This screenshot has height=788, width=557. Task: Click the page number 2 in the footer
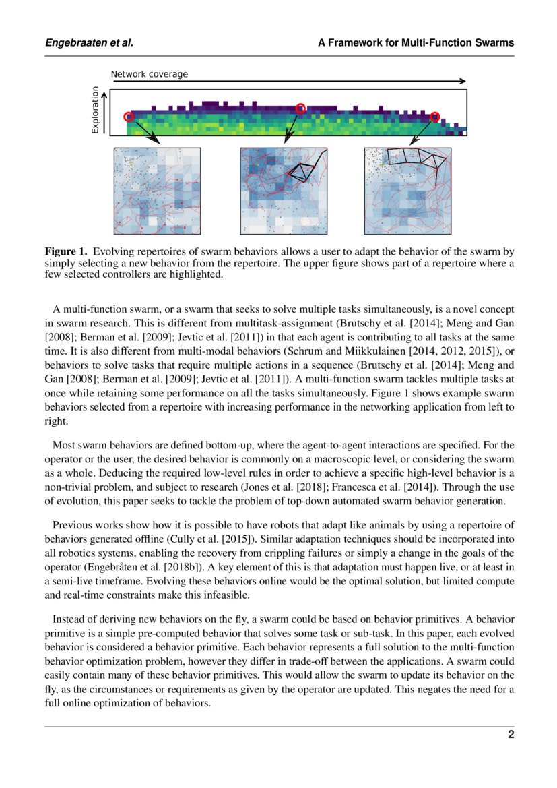[x=511, y=735]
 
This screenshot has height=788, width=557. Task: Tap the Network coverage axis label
[x=149, y=74]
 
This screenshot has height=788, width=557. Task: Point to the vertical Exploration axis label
[x=95, y=109]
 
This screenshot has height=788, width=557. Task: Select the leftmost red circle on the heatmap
[x=129, y=117]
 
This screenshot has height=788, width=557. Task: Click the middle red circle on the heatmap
[x=300, y=109]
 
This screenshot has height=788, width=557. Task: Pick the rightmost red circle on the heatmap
[x=435, y=117]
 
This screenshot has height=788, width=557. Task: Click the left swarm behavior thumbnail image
[x=157, y=191]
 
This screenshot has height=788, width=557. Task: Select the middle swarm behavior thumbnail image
[x=284, y=191]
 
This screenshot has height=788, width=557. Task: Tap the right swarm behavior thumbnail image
[x=407, y=191]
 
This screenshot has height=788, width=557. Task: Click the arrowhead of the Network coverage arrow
[x=462, y=82]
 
